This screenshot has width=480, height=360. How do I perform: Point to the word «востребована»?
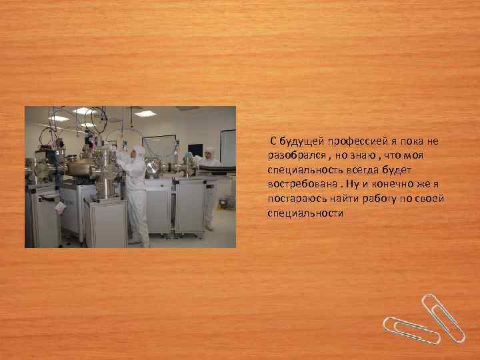point(297,185)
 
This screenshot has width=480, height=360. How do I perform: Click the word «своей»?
point(429,199)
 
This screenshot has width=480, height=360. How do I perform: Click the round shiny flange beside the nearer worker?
point(153,167)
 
